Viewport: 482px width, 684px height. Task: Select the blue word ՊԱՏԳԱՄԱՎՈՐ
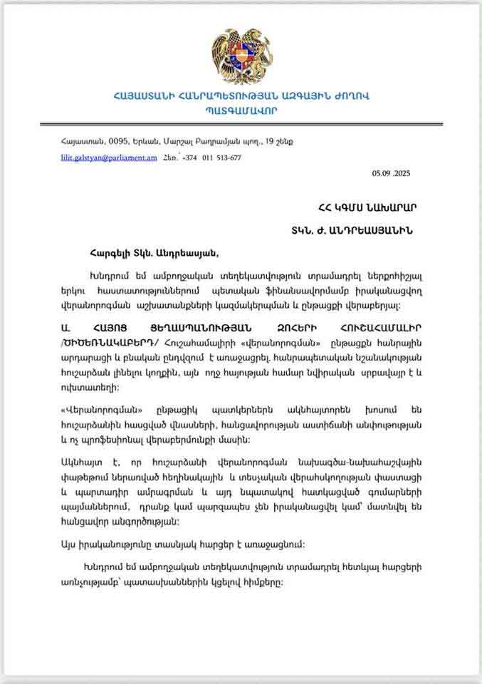point(241,110)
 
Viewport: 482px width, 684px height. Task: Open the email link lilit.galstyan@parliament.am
point(108,157)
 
